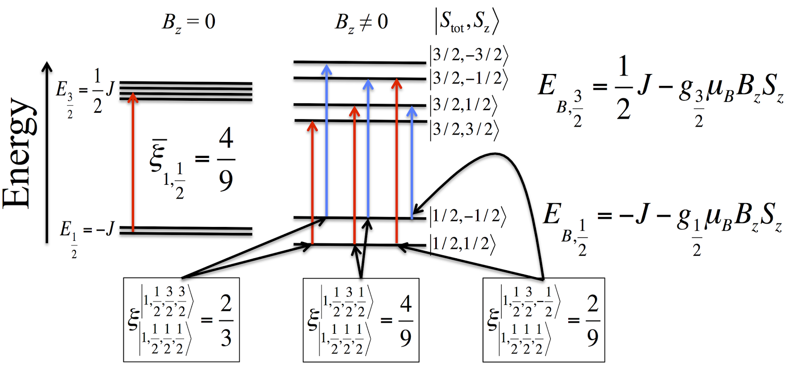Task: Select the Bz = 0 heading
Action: point(189,22)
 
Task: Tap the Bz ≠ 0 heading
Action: point(361,22)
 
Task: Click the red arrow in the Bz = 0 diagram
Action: point(132,164)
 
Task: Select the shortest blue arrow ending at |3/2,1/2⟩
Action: point(412,161)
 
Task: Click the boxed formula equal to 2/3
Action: point(181,320)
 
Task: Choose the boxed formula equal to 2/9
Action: point(543,320)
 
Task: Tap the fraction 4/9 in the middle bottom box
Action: point(405,320)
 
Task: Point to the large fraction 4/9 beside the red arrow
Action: point(226,160)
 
